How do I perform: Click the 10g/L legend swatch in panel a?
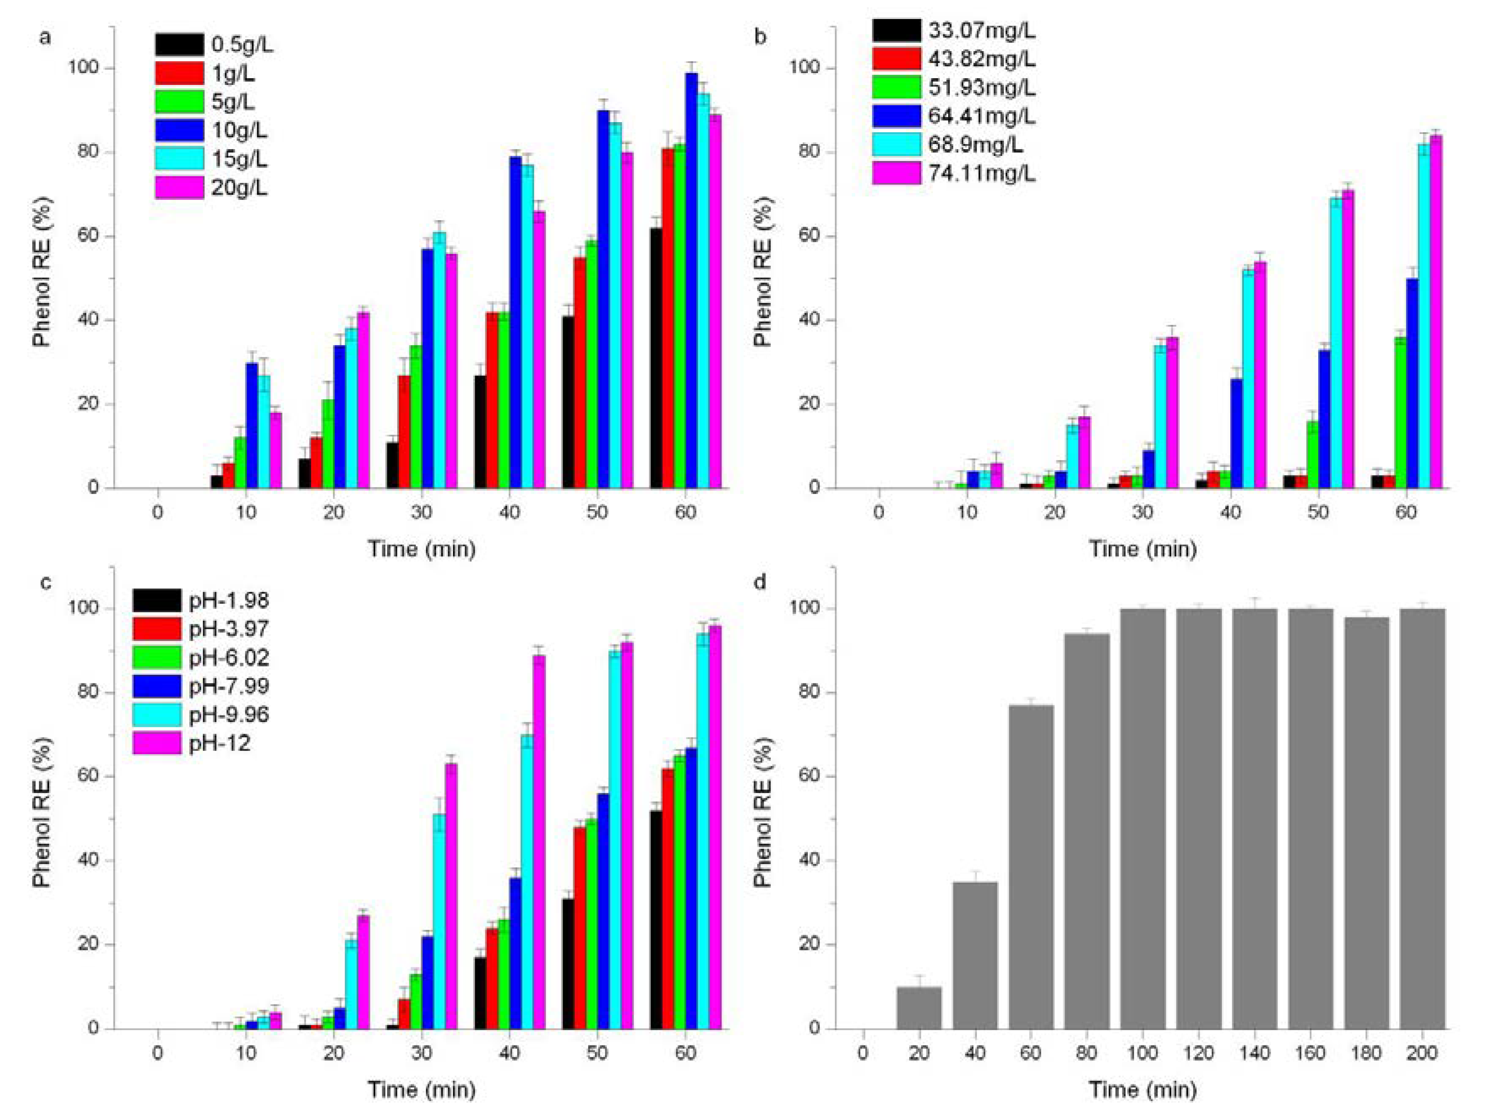pos(179,130)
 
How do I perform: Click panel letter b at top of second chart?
pos(760,37)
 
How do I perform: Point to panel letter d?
pos(760,581)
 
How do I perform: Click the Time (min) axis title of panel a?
pos(422,548)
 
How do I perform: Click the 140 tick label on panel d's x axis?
pos(1254,1053)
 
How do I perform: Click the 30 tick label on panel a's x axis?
pos(422,512)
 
